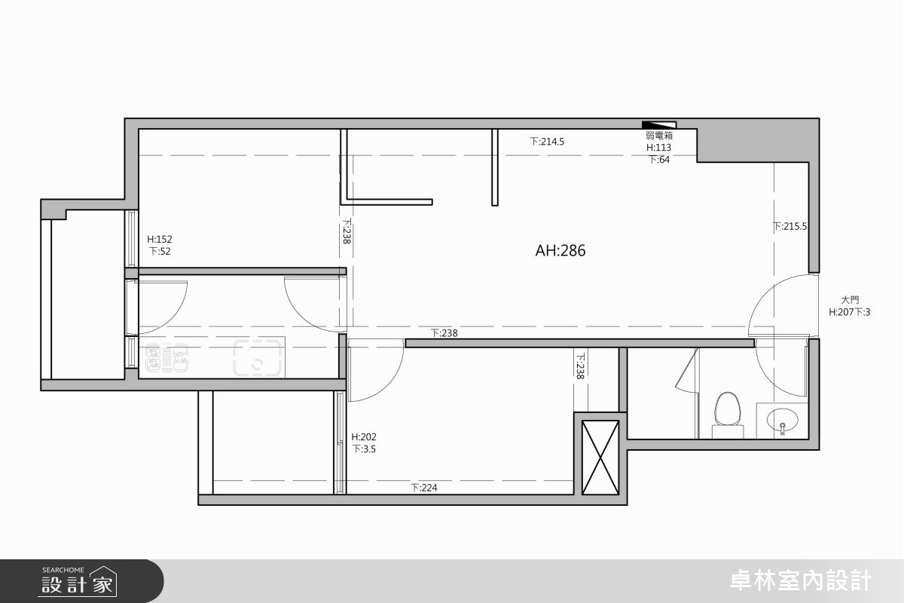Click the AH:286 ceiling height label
click(x=560, y=251)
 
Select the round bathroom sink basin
click(x=782, y=420)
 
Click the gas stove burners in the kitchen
click(x=166, y=358)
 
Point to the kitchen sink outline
click(x=258, y=358)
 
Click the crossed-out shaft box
click(x=600, y=458)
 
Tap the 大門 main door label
click(x=850, y=300)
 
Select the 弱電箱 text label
click(x=658, y=136)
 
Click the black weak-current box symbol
click(x=659, y=125)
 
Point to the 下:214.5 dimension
click(x=547, y=142)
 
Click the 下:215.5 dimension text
click(x=789, y=227)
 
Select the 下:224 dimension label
click(x=424, y=488)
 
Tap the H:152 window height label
click(x=160, y=239)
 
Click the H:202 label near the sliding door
click(x=364, y=437)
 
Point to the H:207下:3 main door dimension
click(x=850, y=312)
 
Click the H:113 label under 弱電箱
click(x=658, y=148)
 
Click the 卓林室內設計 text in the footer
click(x=801, y=581)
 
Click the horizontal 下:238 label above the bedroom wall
click(x=444, y=333)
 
